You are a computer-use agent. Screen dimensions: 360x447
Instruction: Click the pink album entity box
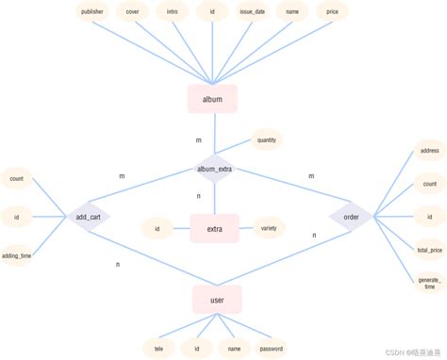213,99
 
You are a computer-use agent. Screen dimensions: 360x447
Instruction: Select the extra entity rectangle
215,228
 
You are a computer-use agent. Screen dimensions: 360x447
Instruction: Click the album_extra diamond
215,170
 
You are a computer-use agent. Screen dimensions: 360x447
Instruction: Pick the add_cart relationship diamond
89,218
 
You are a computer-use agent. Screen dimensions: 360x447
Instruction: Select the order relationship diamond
351,218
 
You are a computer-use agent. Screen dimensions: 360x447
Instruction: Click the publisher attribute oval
93,12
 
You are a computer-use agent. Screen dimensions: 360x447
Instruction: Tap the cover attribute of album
133,12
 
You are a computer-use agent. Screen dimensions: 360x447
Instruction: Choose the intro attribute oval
172,12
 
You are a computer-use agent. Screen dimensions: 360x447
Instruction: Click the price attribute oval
332,12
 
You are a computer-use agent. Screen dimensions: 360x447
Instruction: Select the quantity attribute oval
266,141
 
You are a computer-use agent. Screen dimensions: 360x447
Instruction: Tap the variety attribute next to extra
268,227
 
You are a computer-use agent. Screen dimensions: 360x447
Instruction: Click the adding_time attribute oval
17,255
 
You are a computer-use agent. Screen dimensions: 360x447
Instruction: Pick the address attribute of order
429,151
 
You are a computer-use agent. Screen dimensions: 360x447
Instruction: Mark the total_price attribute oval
429,250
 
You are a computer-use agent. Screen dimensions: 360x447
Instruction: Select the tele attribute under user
158,348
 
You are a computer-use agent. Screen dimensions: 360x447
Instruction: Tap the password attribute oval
272,348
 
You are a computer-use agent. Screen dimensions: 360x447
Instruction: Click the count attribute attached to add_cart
17,178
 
